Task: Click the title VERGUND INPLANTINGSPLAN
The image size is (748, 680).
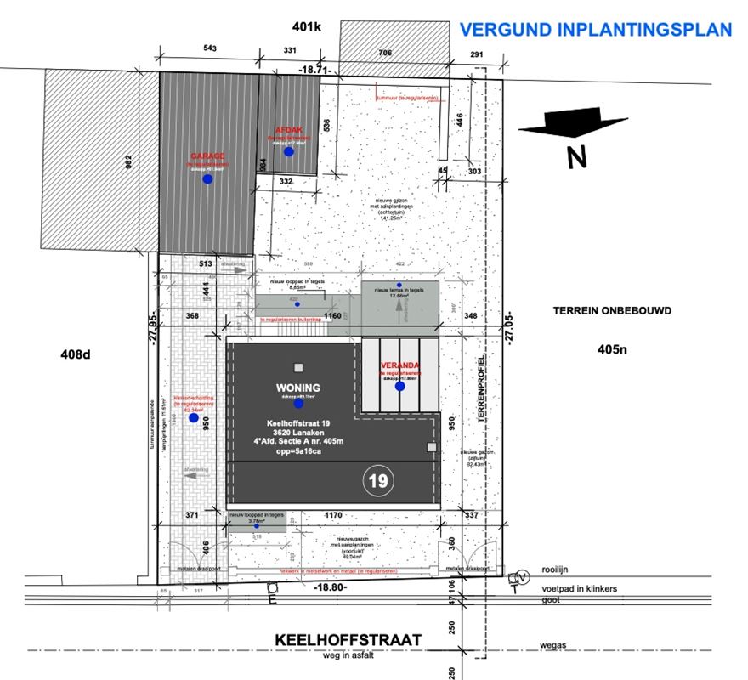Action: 595,30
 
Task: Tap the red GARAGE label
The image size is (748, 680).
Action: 207,156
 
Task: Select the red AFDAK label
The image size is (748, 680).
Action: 288,130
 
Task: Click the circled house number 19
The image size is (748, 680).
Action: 378,482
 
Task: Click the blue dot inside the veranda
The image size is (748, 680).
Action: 399,387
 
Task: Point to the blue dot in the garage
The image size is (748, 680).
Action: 207,180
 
